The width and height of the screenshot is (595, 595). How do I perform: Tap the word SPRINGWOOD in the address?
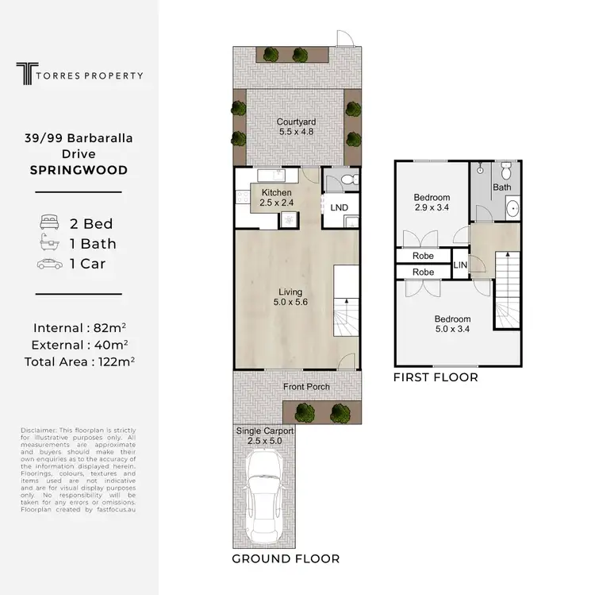point(78,170)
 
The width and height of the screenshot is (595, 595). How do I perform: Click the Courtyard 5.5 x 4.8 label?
point(297,128)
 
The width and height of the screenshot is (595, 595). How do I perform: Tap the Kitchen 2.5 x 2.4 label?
point(275,198)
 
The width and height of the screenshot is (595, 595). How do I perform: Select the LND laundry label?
point(339,208)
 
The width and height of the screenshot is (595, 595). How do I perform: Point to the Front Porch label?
point(307,387)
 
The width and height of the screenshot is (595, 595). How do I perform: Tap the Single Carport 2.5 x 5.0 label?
point(265,435)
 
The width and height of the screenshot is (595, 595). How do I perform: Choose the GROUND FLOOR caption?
point(285,558)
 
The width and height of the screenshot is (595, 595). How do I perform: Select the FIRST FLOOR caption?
point(436,377)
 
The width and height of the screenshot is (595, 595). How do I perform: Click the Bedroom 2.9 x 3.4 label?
point(432,203)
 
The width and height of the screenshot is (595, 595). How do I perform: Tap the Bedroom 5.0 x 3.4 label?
point(453,324)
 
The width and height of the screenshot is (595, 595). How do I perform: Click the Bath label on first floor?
point(501,187)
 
